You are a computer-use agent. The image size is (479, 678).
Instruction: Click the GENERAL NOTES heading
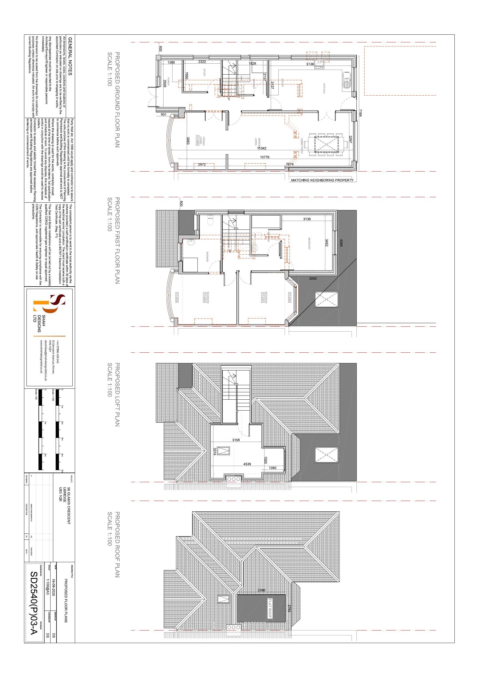point(70,56)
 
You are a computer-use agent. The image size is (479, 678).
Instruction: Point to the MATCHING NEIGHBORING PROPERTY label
point(322,180)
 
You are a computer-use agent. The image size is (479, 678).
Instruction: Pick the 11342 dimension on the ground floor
point(261,148)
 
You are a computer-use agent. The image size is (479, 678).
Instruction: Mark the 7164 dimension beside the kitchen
point(360,113)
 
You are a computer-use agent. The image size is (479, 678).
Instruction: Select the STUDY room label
point(204,73)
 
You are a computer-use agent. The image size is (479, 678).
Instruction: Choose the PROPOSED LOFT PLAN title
point(117,394)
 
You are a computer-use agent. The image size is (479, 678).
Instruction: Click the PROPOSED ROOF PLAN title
point(117,544)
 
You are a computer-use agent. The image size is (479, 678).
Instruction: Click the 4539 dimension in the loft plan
point(247,464)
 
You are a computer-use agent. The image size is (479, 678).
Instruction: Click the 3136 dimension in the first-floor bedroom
point(307,219)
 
